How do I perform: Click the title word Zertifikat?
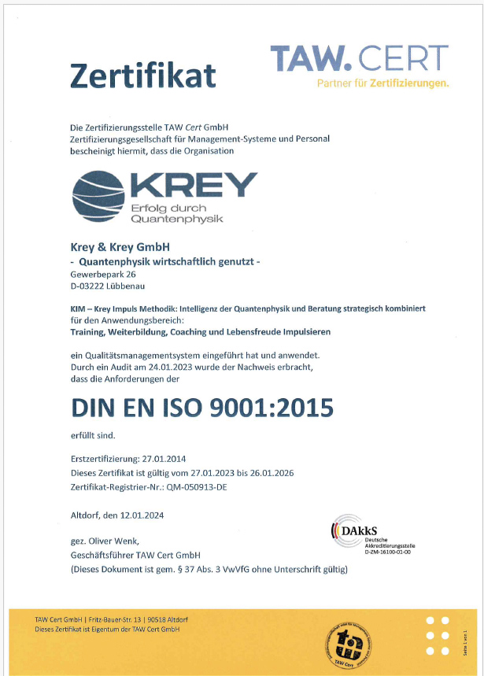coord(143,75)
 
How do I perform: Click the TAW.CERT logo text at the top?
coord(360,58)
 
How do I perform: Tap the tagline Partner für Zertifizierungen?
coord(383,83)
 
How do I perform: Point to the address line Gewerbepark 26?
coord(102,273)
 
